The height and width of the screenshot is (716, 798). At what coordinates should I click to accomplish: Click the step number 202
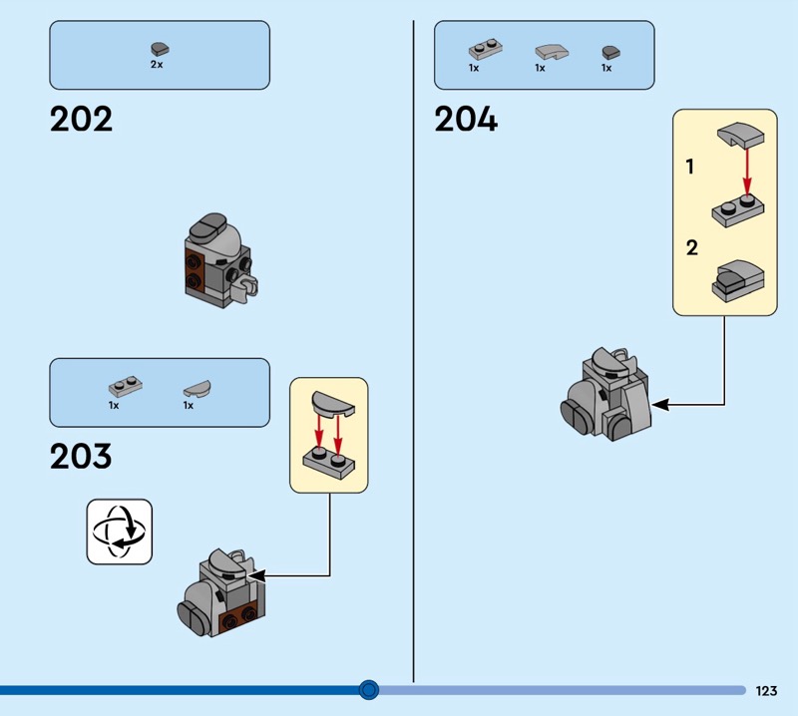[x=81, y=120]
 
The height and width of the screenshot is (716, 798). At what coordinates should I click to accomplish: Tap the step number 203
[x=81, y=457]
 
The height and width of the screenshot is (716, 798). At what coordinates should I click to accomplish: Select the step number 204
[x=466, y=120]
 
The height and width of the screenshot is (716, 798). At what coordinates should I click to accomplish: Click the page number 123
[x=766, y=690]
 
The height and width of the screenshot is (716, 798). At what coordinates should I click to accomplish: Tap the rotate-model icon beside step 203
[x=120, y=532]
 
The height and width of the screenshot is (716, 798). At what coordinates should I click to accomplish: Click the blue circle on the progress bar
[x=369, y=689]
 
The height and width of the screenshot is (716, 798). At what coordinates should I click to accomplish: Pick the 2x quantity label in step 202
[x=157, y=64]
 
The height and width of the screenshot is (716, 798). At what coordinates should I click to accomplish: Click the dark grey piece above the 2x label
[x=158, y=47]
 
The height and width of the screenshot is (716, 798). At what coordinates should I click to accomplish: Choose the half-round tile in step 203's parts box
[x=196, y=387]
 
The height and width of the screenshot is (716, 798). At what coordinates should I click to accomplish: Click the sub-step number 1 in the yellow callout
[x=690, y=168]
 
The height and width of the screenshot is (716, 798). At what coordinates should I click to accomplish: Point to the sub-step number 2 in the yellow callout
[x=691, y=247]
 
